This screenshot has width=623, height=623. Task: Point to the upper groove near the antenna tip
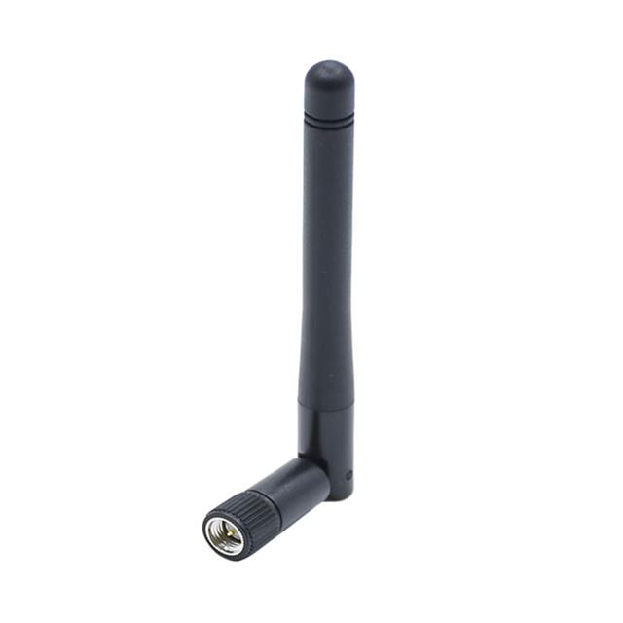tap(329, 115)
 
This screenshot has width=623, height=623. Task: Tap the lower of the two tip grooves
tap(329, 124)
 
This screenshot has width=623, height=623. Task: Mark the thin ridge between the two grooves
tap(329, 119)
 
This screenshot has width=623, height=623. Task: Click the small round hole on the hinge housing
tap(348, 475)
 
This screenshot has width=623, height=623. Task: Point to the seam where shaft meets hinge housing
tap(327, 408)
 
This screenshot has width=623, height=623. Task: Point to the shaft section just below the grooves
tap(329, 146)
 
